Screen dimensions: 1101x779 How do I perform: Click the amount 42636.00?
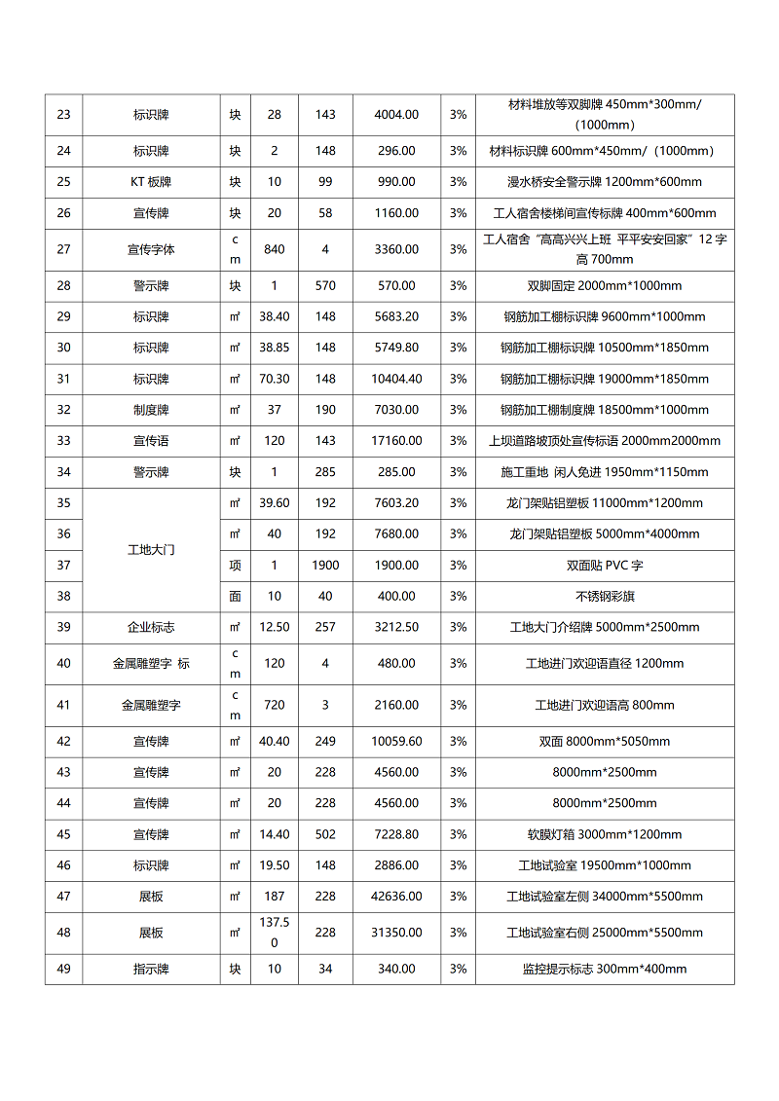click(396, 897)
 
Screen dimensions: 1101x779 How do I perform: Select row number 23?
click(63, 115)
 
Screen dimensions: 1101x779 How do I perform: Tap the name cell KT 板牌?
click(151, 182)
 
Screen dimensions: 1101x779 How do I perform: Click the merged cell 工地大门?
click(151, 550)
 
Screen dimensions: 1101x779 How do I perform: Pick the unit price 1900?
click(325, 566)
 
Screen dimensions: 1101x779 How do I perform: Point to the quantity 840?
click(275, 249)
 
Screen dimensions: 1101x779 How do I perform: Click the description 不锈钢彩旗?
click(605, 596)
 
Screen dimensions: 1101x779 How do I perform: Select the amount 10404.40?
click(396, 379)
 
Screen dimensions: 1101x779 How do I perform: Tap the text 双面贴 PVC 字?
click(605, 566)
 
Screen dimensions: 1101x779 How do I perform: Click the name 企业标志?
click(151, 627)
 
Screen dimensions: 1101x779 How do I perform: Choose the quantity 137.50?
click(275, 933)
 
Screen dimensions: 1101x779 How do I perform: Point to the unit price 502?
click(325, 834)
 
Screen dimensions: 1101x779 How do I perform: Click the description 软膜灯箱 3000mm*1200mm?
click(605, 834)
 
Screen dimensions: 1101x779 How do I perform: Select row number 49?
click(63, 969)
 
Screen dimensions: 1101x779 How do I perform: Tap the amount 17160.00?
click(396, 441)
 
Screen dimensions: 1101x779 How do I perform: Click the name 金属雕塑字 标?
click(151, 664)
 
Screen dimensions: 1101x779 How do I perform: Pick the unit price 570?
click(325, 286)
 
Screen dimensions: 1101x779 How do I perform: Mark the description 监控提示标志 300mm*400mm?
click(605, 969)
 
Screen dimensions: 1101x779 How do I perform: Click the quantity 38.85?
click(275, 348)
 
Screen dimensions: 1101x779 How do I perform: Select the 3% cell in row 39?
click(458, 627)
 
